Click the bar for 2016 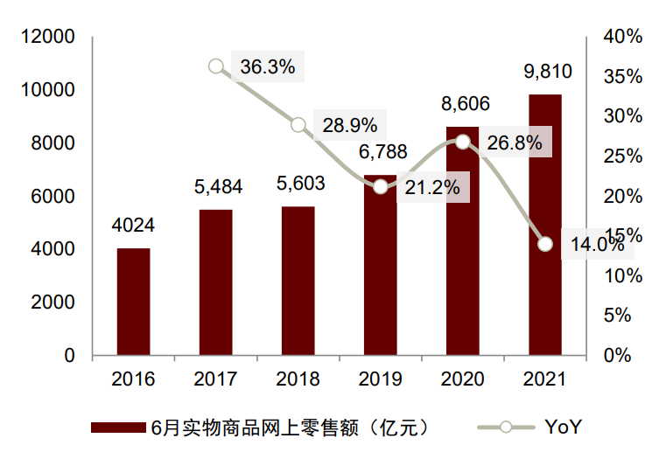click(134, 302)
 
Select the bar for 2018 click(298, 281)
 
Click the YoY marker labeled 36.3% click(216, 66)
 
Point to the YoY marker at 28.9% click(298, 125)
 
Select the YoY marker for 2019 click(381, 186)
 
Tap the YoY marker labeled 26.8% click(463, 142)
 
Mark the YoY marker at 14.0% click(545, 244)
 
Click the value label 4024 click(134, 226)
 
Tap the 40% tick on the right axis click(623, 37)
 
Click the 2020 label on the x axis click(463, 379)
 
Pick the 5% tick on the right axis click(618, 316)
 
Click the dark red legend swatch click(117, 428)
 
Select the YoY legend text click(564, 428)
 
